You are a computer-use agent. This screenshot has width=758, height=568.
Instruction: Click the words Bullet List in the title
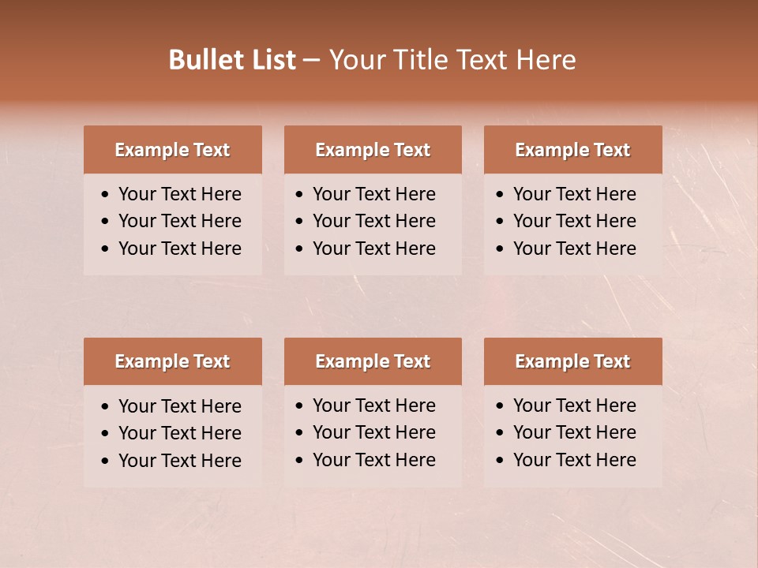(232, 60)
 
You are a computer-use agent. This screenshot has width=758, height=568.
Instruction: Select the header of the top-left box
(172, 150)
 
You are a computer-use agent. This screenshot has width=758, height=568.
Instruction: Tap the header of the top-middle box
(373, 150)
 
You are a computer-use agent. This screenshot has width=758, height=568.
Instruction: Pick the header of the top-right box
(572, 150)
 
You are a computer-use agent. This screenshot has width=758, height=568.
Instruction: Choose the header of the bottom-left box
(172, 361)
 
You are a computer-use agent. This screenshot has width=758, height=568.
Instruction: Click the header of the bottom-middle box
(373, 361)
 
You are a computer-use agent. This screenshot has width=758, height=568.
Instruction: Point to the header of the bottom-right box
(572, 361)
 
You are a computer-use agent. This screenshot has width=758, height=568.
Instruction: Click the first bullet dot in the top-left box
(106, 195)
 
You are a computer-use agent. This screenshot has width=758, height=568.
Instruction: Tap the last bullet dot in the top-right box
(501, 249)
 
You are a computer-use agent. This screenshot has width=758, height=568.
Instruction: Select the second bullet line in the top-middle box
(373, 221)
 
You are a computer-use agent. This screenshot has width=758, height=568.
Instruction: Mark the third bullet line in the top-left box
(179, 248)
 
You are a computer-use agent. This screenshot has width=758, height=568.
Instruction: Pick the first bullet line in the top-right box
(574, 194)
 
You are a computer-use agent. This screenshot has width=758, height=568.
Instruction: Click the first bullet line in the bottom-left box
(179, 406)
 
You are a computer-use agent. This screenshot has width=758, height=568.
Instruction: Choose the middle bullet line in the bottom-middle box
(373, 432)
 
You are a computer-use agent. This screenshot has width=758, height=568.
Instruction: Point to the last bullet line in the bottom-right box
(574, 460)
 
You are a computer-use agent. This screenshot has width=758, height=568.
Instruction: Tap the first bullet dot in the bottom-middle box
(300, 406)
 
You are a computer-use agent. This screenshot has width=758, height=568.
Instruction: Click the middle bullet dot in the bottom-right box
(501, 433)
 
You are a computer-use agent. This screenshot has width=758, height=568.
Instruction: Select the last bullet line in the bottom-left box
(179, 461)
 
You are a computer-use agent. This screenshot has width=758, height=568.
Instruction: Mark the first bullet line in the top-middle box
(373, 194)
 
